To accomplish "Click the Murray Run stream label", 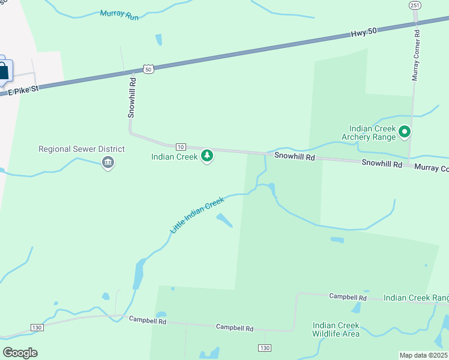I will [x=119, y=15].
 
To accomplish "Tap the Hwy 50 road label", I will [x=364, y=35].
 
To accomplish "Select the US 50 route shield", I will [x=149, y=69].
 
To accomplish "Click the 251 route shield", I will [x=415, y=5].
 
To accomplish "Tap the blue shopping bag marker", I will [x=4, y=70].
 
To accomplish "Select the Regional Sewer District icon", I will [x=108, y=162].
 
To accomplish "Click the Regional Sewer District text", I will [x=82, y=149].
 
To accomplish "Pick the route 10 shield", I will [x=180, y=146].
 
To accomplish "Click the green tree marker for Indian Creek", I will [x=207, y=156].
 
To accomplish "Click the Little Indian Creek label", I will [x=196, y=215].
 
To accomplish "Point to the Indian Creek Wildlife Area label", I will [x=336, y=329].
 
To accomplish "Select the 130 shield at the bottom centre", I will [x=264, y=348].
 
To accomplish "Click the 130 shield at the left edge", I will [x=37, y=328].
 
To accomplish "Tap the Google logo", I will [x=20, y=352].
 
